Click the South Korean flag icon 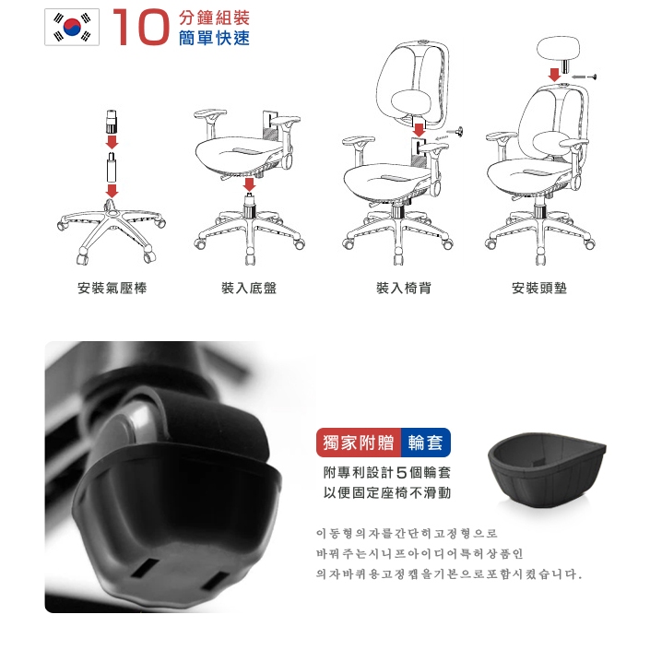72,27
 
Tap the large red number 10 141,27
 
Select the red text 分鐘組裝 214,18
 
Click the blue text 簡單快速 214,38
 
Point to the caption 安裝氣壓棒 112,288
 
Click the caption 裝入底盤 249,288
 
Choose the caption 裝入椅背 403,288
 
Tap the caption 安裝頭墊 539,288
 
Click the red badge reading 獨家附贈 359,443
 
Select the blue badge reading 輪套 426,443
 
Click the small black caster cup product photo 547,467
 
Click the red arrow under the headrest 554,75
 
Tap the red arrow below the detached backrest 420,130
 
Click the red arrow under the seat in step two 249,185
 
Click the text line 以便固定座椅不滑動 387,492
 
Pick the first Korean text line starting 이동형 407,533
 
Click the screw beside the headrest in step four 585,77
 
